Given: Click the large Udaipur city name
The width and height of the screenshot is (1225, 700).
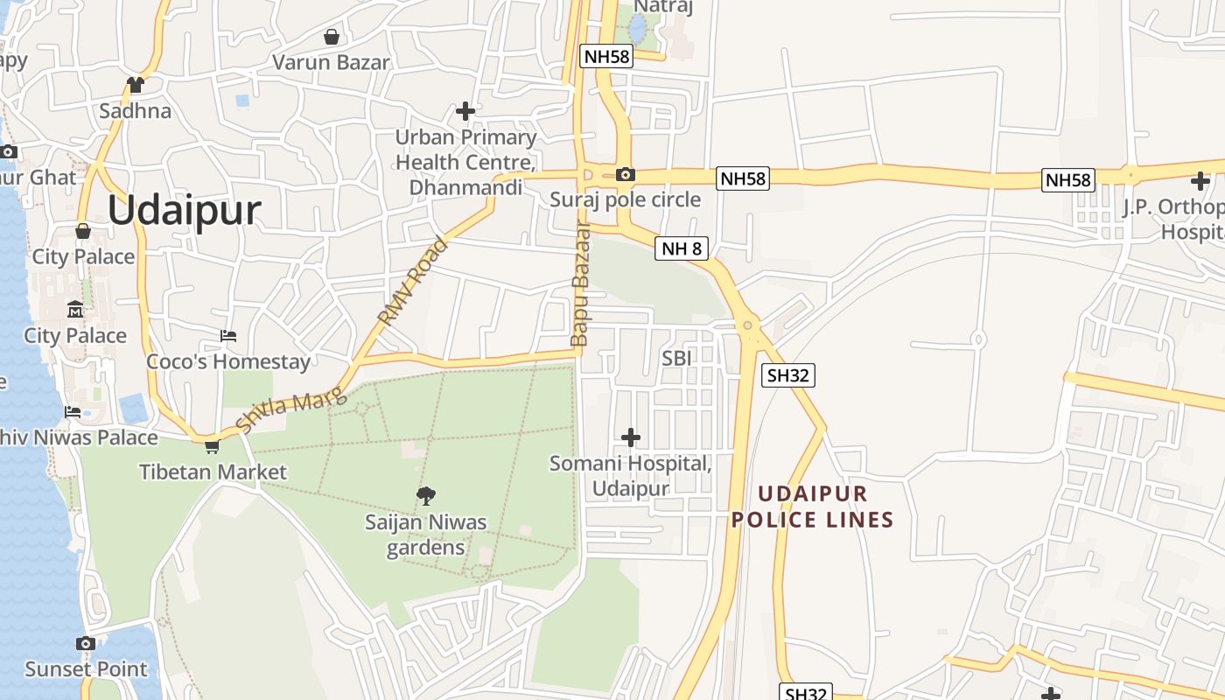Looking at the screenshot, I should [x=185, y=211].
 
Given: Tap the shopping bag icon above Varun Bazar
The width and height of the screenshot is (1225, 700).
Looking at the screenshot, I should [x=332, y=37].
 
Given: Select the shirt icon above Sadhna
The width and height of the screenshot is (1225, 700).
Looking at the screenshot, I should [x=135, y=85].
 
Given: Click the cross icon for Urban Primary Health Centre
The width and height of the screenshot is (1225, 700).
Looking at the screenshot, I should [x=465, y=111].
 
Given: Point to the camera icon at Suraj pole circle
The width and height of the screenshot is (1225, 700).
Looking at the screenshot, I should [x=625, y=174].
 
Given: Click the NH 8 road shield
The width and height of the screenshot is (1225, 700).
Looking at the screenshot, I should [x=681, y=248].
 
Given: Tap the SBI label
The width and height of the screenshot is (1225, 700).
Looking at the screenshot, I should [x=677, y=358].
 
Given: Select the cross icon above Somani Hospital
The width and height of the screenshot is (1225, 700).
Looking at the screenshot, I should [x=630, y=437].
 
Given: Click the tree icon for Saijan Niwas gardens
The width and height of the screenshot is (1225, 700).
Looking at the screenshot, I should [x=426, y=496].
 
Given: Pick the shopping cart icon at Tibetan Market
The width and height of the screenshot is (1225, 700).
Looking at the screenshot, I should [x=211, y=447].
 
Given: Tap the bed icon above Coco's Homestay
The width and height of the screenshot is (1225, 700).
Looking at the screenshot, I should [x=228, y=336].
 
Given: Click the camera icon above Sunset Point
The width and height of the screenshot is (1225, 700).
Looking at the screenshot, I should [x=85, y=644].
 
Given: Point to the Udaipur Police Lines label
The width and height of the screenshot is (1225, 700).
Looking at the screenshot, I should [x=812, y=507].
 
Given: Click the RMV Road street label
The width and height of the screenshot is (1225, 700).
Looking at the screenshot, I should [x=413, y=282].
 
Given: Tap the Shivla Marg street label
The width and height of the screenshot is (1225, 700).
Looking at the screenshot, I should [x=292, y=412].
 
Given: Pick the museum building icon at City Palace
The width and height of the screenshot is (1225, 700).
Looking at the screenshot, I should [x=75, y=310].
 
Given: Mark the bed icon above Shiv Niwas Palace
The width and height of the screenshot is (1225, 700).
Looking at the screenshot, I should [x=73, y=412].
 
